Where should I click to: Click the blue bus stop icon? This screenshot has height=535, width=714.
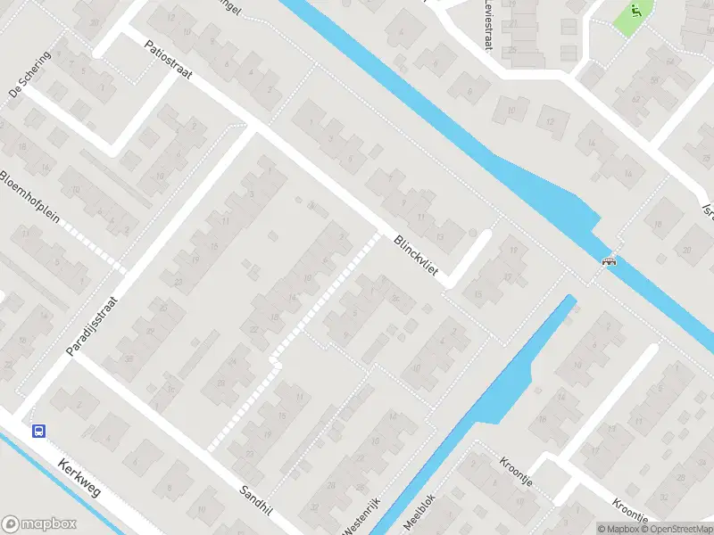[x=39, y=431]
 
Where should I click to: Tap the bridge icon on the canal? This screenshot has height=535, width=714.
[x=610, y=261]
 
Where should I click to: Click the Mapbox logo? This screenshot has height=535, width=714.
[x=39, y=524]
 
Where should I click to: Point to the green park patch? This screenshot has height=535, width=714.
[x=632, y=16]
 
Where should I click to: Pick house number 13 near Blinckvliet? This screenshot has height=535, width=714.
[x=439, y=237]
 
